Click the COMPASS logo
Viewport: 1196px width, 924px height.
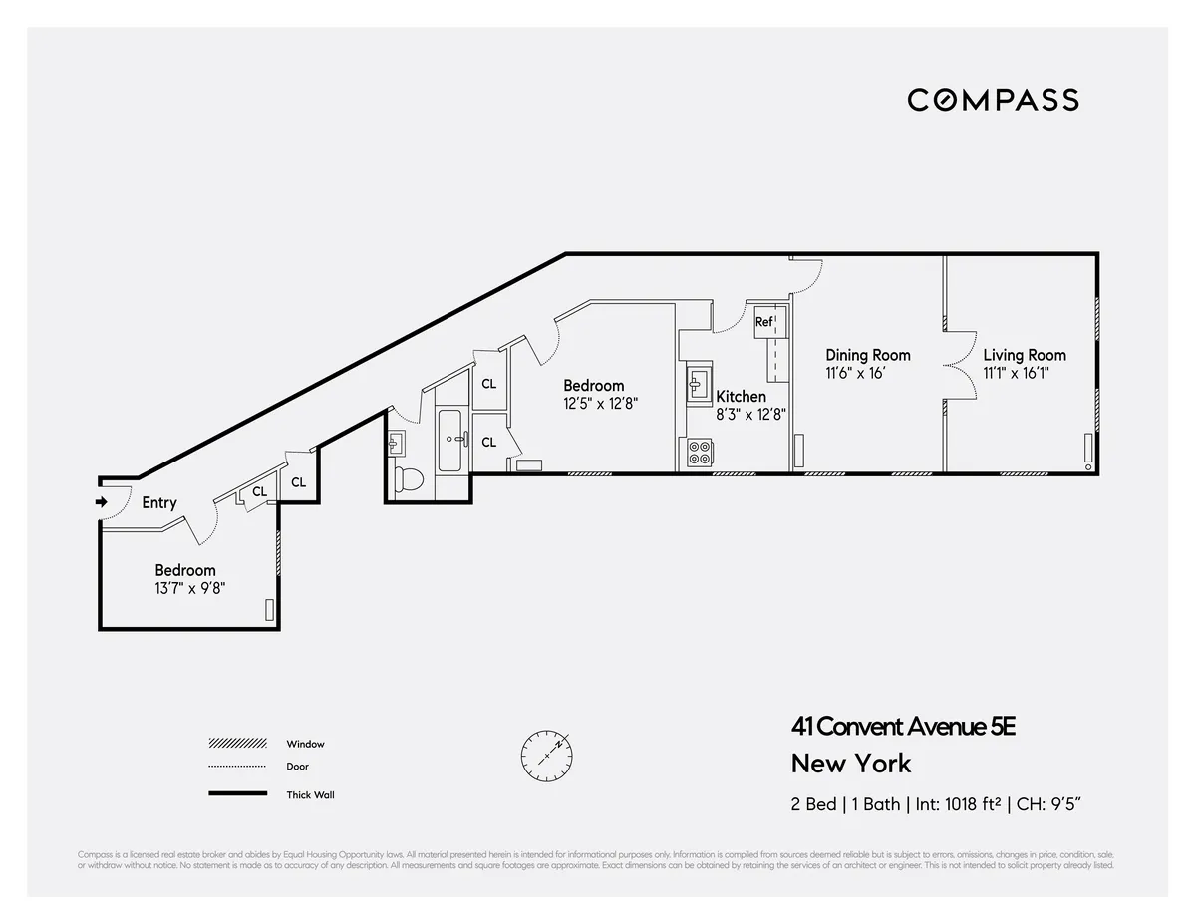[x=993, y=100]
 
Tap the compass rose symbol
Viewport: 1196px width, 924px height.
[x=546, y=755]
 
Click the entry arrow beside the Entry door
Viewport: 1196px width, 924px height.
[x=101, y=502]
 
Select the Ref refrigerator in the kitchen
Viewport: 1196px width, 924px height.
[x=764, y=321]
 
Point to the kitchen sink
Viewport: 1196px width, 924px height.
[x=697, y=383]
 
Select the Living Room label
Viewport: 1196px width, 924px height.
[x=1024, y=355]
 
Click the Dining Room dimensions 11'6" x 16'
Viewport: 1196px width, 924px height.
[x=855, y=373]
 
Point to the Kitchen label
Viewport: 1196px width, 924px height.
[x=741, y=397]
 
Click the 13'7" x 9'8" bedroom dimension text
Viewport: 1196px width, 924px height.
[x=184, y=588]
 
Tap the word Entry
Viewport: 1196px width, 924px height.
[x=159, y=502]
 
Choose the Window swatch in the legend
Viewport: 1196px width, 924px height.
[x=238, y=744]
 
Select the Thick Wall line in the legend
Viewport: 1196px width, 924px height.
[x=238, y=794]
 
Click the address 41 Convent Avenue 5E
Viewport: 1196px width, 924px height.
[x=903, y=727]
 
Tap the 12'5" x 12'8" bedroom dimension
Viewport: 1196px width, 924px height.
[x=600, y=404]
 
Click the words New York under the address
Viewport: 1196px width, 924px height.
[x=851, y=764]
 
